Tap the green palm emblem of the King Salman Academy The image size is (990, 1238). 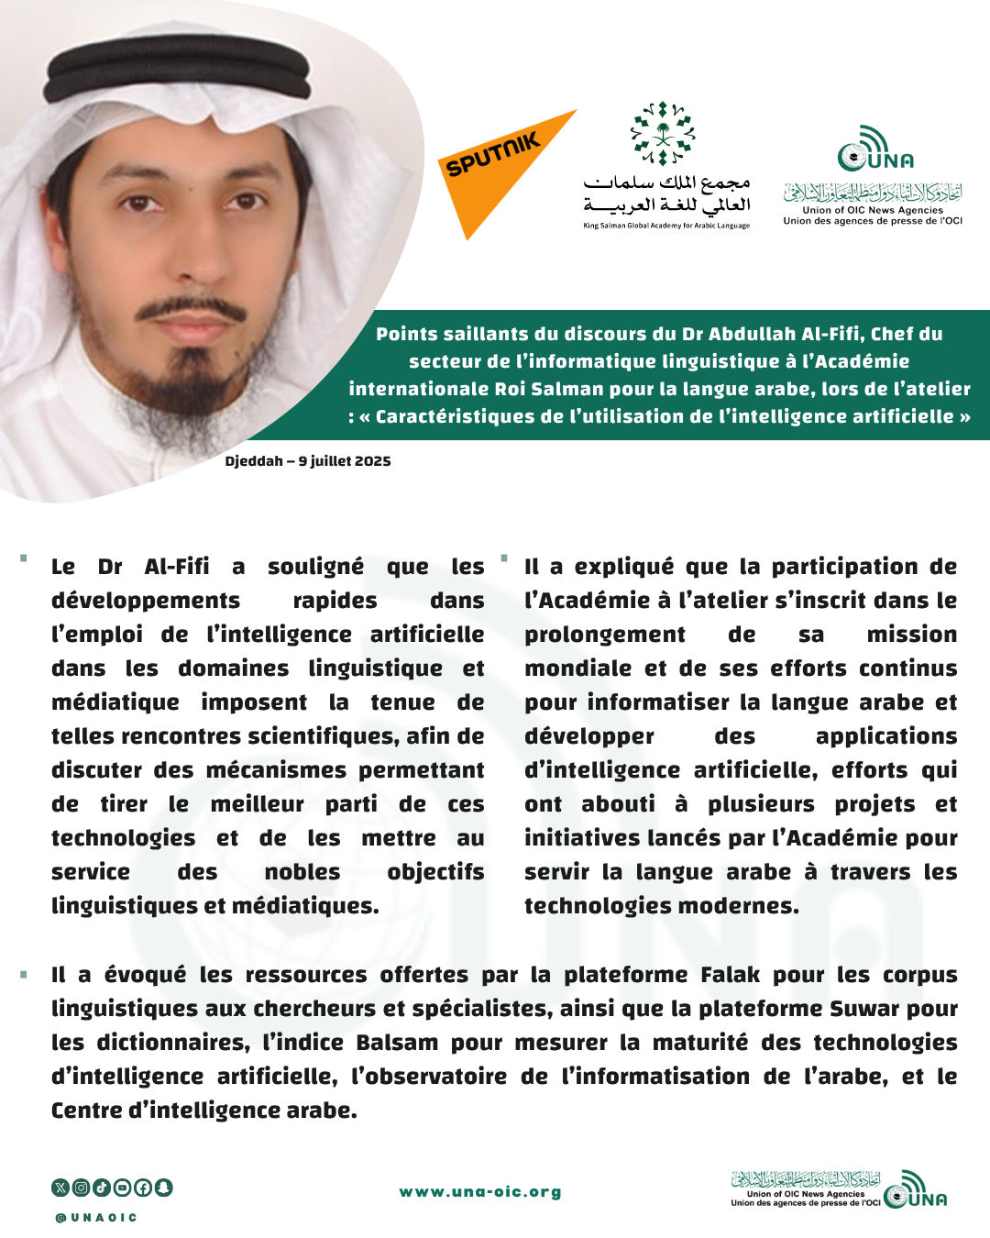[663, 133]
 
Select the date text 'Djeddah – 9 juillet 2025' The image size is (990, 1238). [308, 461]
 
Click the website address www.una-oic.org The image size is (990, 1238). [480, 1192]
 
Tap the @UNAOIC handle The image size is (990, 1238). [96, 1218]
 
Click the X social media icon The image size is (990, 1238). [60, 1188]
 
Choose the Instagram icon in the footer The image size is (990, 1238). [81, 1188]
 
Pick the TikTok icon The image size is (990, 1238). [102, 1188]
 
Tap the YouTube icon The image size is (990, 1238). [122, 1188]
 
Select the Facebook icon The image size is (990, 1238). [143, 1188]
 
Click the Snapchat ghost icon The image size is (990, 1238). [163, 1188]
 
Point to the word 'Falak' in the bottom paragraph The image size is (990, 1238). [730, 975]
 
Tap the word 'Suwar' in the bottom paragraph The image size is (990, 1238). [862, 1009]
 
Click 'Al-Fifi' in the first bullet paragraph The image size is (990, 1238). [177, 567]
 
